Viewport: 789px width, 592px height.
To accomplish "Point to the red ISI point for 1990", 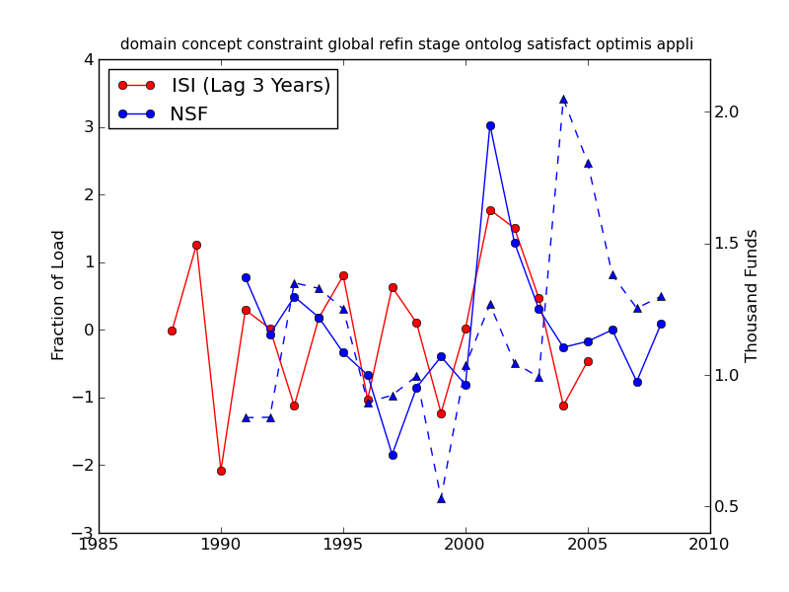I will point(221,471).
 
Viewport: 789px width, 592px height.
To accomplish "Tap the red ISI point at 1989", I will point(196,245).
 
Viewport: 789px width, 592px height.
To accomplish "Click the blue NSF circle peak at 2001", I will point(490,125).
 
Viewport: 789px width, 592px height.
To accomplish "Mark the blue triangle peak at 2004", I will point(563,99).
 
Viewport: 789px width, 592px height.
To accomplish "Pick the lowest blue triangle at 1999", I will point(441,498).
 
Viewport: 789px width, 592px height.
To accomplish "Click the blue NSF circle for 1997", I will point(393,455).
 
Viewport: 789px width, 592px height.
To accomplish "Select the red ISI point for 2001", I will point(490,210).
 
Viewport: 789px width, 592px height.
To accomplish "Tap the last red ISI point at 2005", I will point(588,361).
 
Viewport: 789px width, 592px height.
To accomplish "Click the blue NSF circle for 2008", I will point(661,324).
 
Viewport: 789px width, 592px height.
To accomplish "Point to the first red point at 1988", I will point(172,331).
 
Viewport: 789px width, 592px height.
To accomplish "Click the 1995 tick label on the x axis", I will point(343,545).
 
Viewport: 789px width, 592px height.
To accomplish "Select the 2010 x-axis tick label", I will point(710,545).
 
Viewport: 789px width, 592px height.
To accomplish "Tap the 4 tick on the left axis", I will point(89,60).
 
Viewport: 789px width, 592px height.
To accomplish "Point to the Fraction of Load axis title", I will point(59,295).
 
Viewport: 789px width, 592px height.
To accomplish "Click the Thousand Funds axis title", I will point(753,295).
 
